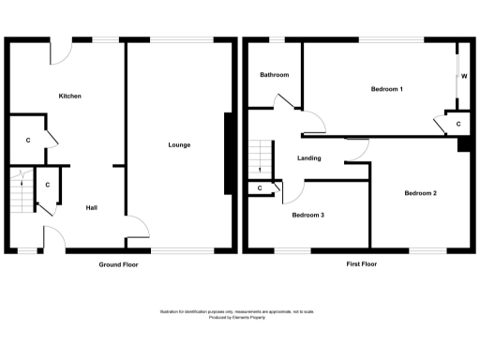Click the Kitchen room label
coord(70,97)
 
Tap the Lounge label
coord(179,144)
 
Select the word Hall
coord(92,207)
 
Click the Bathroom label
coord(274,75)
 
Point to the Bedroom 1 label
coord(386,89)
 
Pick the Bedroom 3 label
coord(307,215)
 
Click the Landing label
coord(310,157)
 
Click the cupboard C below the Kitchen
coord(28,140)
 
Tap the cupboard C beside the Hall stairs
coord(47,185)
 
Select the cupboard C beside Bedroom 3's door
coord(260,188)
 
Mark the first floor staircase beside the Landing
coord(260,159)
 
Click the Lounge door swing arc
coord(139,225)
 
